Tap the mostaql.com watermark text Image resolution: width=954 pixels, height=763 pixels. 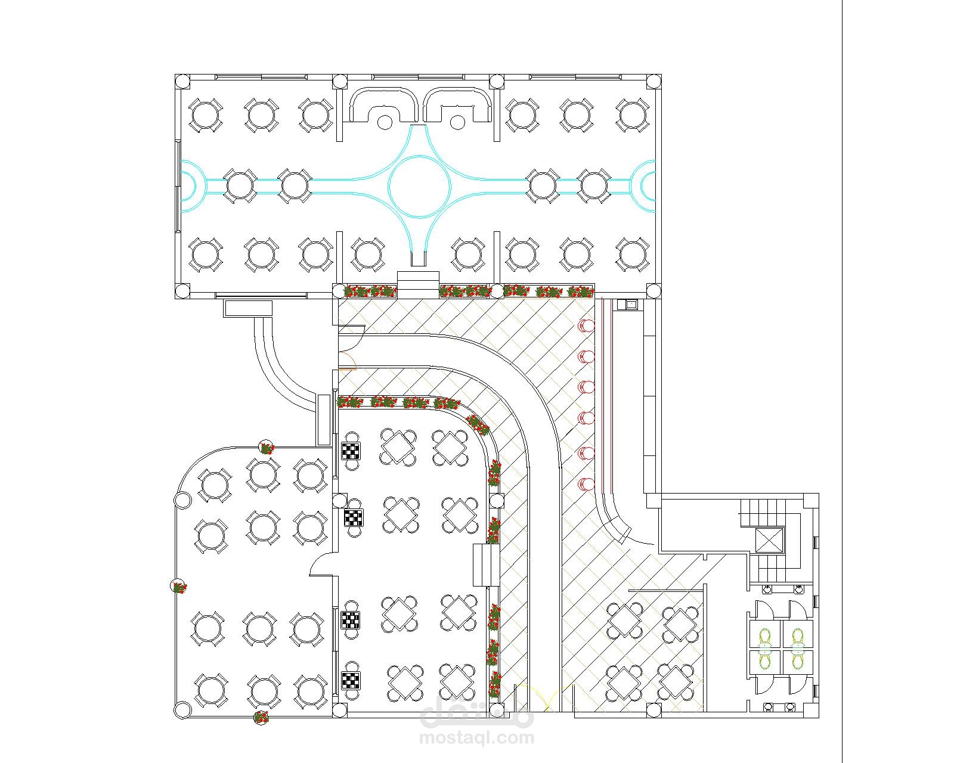(476, 738)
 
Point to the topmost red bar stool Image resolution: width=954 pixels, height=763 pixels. (586, 325)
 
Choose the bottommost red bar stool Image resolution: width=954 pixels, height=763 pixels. (586, 483)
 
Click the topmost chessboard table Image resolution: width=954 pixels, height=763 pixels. (351, 451)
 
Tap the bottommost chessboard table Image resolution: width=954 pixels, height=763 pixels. (351, 681)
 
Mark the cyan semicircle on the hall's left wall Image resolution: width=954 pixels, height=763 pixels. (187, 186)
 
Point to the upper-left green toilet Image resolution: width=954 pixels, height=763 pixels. (766, 637)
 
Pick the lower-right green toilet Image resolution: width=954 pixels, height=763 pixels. (798, 660)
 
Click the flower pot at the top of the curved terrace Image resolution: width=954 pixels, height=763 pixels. (267, 448)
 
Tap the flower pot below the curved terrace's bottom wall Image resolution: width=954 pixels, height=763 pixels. (261, 717)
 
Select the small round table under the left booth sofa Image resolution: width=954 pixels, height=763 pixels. (385, 122)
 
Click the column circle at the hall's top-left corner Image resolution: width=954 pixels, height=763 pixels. (182, 82)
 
